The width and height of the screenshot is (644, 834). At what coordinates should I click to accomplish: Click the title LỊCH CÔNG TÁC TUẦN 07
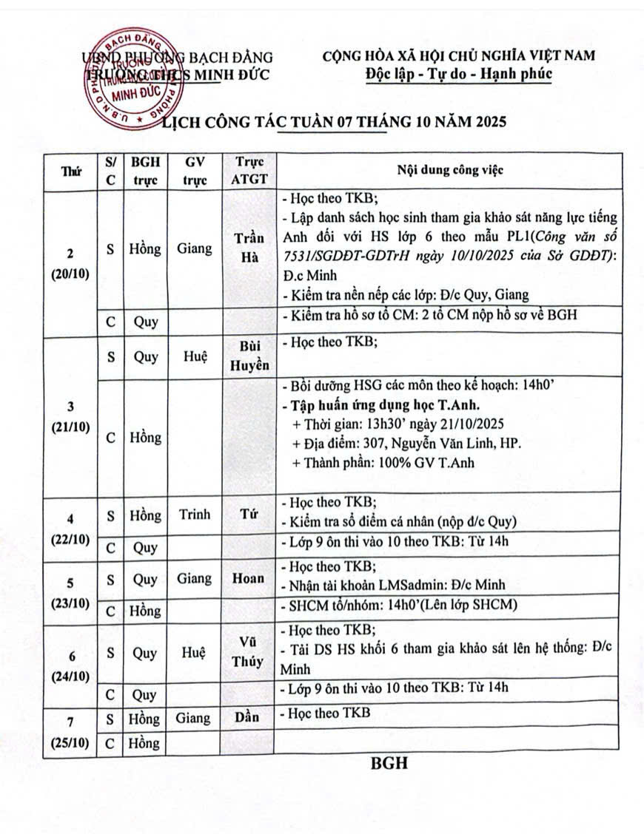(335, 123)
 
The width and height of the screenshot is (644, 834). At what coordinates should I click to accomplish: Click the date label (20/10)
(70, 271)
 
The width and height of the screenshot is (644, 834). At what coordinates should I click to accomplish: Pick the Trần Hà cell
(249, 249)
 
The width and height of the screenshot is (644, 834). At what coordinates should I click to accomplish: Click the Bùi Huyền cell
(249, 356)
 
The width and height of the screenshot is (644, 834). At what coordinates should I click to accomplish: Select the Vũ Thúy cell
(249, 653)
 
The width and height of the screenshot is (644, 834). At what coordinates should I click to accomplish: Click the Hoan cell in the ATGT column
(249, 579)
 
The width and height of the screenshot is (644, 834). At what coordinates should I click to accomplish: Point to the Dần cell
(249, 718)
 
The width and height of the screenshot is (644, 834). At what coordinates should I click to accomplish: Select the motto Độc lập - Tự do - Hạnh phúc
(459, 74)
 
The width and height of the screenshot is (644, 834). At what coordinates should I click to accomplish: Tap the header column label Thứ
(72, 172)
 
